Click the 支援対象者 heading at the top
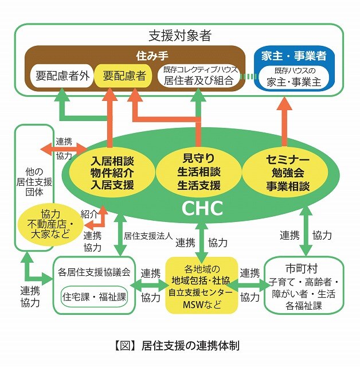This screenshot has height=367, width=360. (180, 36)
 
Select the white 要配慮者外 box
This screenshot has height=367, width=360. (60, 75)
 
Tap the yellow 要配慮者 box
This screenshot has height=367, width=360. (123, 75)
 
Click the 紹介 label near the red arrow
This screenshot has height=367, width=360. (90, 213)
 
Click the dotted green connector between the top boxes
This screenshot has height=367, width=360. (247, 76)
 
